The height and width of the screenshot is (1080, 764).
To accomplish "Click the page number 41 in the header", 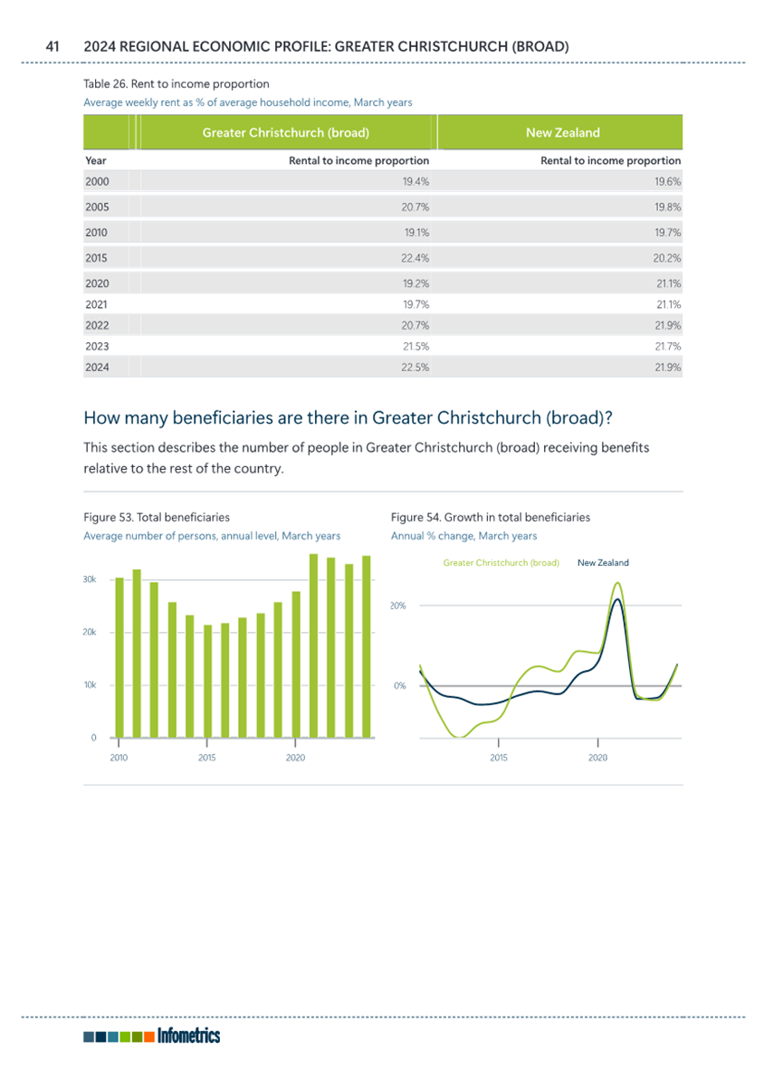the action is [53, 47].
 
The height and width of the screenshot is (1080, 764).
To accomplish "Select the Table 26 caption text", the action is [177, 84].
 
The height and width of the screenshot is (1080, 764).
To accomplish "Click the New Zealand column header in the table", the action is [563, 133].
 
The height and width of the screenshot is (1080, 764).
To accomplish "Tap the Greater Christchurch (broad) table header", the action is [286, 133].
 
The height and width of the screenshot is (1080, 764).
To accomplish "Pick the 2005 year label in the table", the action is [97, 207].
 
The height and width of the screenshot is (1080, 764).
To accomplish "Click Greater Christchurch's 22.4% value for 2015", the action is [415, 258].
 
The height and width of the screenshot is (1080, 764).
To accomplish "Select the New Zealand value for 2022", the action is [667, 326].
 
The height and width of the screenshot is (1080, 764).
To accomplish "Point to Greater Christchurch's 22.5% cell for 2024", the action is [415, 368].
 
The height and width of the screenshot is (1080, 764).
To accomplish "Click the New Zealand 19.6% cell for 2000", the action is [667, 182].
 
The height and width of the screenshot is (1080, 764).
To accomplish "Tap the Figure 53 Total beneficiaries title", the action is [157, 517].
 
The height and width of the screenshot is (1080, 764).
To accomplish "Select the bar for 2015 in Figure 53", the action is [207, 681].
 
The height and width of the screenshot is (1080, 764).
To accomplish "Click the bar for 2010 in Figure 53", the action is [119, 658].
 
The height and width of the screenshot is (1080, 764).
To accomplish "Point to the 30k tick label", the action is [90, 580].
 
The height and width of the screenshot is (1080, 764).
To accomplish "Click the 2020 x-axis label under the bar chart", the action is [295, 758].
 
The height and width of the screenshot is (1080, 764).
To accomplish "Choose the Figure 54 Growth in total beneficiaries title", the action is [491, 517].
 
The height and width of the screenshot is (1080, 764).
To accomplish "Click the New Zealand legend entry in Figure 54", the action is [603, 563].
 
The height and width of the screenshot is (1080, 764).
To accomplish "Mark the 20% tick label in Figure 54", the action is [398, 607].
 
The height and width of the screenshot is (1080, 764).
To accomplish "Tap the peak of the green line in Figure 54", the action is [617, 583].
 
